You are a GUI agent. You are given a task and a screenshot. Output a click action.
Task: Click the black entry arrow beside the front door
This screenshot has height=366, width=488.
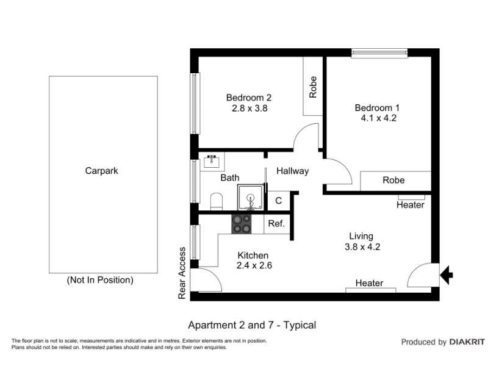click(x=447, y=275)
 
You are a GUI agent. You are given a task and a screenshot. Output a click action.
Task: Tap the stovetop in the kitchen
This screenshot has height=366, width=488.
click(x=242, y=224)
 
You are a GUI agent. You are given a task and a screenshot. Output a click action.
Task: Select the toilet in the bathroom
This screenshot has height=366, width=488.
click(x=217, y=201)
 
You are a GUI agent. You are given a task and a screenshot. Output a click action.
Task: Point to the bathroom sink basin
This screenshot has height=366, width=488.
click(x=212, y=162)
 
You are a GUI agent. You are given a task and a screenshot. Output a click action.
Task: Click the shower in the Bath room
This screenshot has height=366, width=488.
click(x=251, y=197)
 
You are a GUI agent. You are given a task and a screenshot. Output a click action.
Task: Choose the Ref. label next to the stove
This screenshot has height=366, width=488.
click(x=276, y=223)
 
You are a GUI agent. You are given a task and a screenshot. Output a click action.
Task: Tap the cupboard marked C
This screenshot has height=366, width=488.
click(x=279, y=201)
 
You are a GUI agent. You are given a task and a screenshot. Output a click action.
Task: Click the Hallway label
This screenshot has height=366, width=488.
click(x=293, y=171)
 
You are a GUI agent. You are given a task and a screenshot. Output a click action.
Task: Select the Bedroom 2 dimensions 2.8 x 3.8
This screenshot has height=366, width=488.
click(x=249, y=109)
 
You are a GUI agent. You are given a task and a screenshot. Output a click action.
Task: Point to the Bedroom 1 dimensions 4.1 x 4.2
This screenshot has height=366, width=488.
click(x=378, y=118)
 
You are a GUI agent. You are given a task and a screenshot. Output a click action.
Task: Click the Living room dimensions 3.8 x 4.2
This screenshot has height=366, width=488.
click(x=362, y=247)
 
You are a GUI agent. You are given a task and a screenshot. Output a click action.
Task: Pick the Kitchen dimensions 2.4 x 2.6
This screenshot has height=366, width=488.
click(x=254, y=265)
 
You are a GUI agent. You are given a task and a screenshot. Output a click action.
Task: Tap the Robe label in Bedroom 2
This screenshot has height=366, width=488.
click(x=313, y=87)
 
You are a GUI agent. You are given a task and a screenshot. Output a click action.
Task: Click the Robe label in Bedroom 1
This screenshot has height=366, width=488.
click(x=393, y=180)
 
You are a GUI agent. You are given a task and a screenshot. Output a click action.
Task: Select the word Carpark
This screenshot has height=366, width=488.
click(x=101, y=171)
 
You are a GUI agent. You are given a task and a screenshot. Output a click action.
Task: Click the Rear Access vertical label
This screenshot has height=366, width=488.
click(x=182, y=273)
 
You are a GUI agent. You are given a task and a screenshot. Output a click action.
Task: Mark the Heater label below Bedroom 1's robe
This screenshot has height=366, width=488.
click(x=410, y=205)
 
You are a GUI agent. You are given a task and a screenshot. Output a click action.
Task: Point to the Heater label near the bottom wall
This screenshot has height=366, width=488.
click(x=369, y=283)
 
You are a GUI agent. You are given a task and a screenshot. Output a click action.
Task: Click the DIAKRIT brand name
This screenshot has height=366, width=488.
click(x=467, y=342)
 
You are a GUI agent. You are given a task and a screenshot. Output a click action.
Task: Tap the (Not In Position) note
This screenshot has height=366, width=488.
click(x=100, y=280)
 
